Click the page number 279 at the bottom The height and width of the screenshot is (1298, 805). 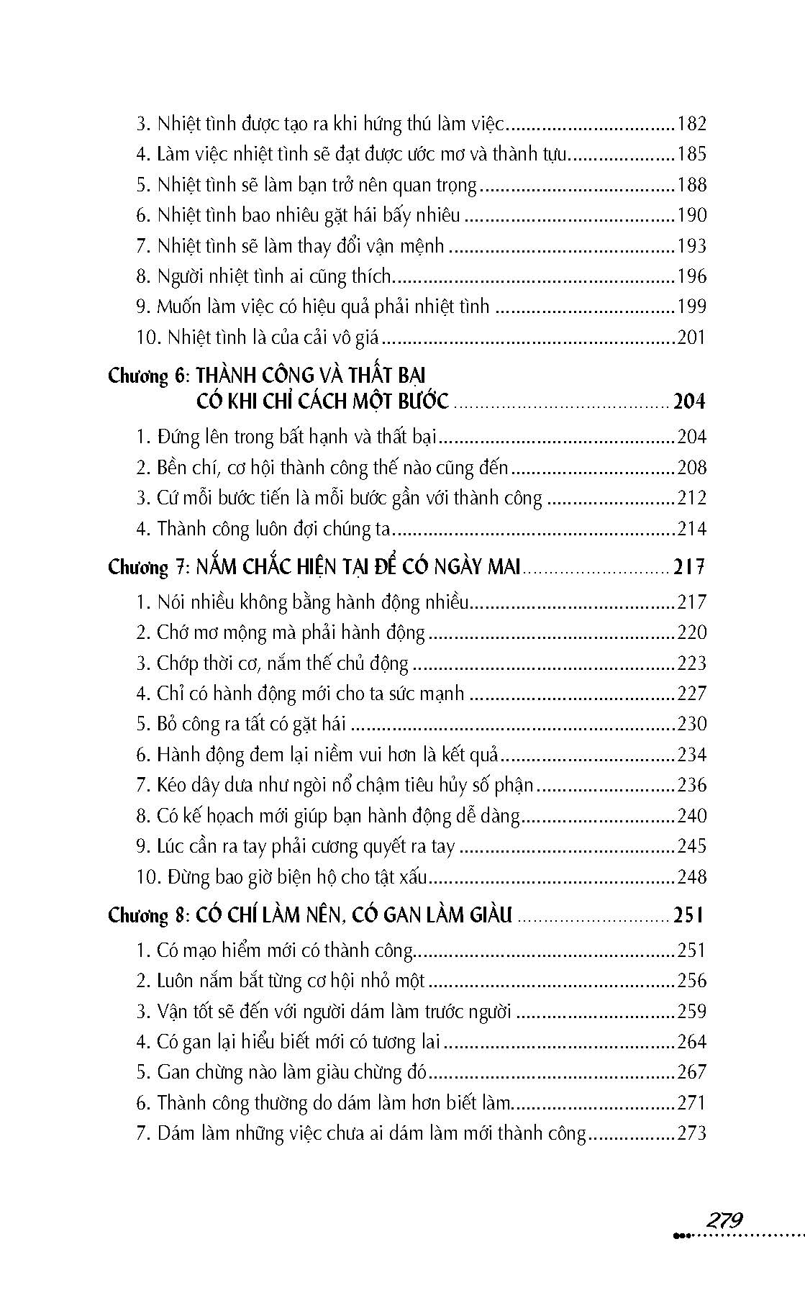click(724, 1220)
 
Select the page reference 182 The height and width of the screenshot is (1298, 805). click(691, 124)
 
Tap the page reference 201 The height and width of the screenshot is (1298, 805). click(691, 337)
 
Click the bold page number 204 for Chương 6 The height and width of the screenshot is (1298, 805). click(689, 401)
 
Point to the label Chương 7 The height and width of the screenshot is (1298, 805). click(147, 568)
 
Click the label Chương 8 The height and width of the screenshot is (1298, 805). click(147, 915)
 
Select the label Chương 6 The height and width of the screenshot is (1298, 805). click(147, 376)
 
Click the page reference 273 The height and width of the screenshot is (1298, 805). click(691, 1133)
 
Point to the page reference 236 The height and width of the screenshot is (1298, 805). click(691, 785)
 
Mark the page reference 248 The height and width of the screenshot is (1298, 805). click(691, 877)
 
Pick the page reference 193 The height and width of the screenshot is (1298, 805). click(691, 246)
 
